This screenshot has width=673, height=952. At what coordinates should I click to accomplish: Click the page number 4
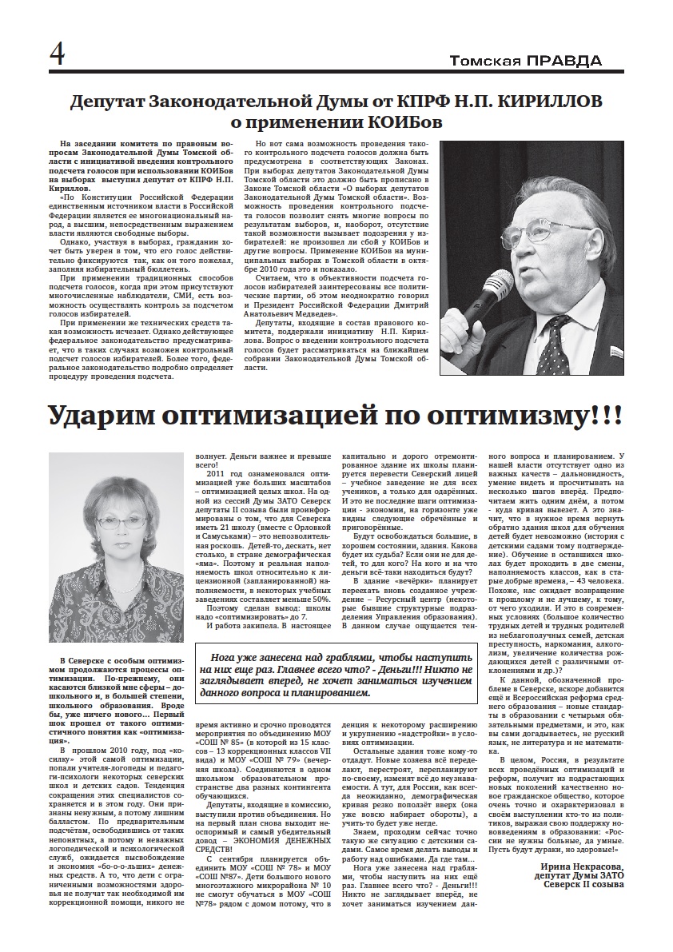tap(58, 54)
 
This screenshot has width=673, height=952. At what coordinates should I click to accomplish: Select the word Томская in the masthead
tap(486, 61)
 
